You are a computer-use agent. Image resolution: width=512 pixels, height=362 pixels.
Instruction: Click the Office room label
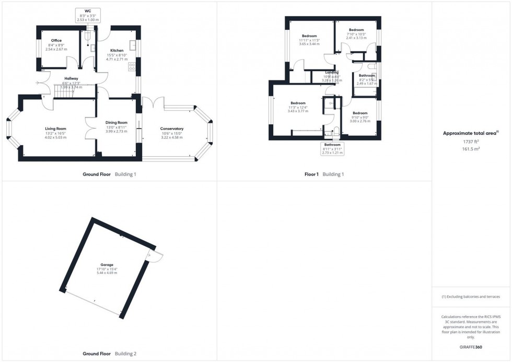(56, 41)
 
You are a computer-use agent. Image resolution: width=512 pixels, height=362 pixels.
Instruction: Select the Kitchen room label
(117, 51)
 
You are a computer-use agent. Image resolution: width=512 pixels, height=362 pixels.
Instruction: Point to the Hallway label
(71, 78)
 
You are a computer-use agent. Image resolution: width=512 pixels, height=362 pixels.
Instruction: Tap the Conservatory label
(172, 129)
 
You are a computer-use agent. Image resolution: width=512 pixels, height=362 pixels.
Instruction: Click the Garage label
(107, 265)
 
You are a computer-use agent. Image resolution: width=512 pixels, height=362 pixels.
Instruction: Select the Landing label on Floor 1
(332, 73)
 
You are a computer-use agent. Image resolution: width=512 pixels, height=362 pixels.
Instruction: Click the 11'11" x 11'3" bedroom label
(309, 36)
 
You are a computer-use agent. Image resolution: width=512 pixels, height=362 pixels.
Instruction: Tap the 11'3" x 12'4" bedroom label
(298, 103)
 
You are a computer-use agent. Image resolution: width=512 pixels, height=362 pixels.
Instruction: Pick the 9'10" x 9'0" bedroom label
(360, 113)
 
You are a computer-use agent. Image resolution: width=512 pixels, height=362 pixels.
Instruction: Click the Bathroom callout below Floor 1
(332, 145)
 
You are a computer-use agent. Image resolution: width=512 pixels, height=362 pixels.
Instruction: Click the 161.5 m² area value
(471, 148)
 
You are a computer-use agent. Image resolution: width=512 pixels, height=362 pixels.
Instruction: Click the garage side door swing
(156, 256)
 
